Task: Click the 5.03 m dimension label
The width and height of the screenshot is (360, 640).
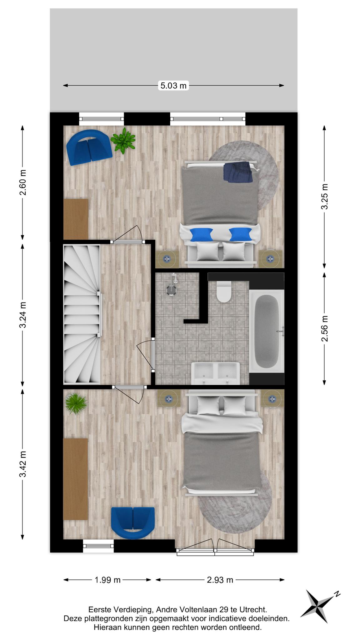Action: [173, 85]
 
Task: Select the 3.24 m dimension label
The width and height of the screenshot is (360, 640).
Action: [23, 315]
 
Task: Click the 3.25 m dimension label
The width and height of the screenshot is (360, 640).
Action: [325, 196]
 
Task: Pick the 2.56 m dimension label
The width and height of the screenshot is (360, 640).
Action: [325, 328]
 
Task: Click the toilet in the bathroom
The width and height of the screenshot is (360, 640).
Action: [224, 292]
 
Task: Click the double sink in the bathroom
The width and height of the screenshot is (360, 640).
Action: [216, 373]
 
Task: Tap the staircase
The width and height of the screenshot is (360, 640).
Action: [82, 314]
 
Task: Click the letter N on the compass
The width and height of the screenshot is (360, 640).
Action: [337, 593]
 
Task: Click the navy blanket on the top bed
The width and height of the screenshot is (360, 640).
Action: [238, 172]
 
